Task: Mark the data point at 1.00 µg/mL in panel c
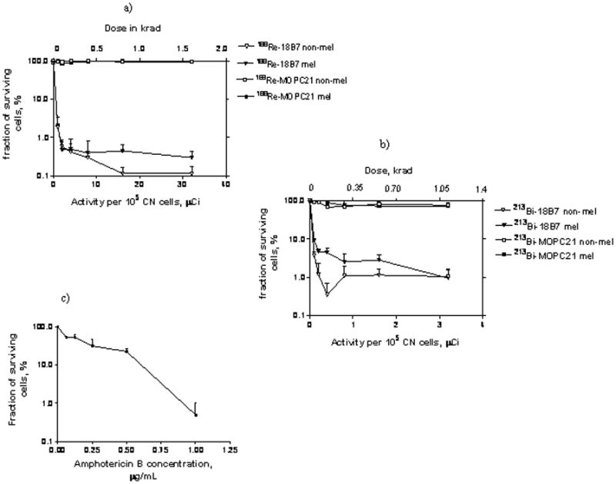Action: [x=196, y=415]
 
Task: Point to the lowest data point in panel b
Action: [x=327, y=294]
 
